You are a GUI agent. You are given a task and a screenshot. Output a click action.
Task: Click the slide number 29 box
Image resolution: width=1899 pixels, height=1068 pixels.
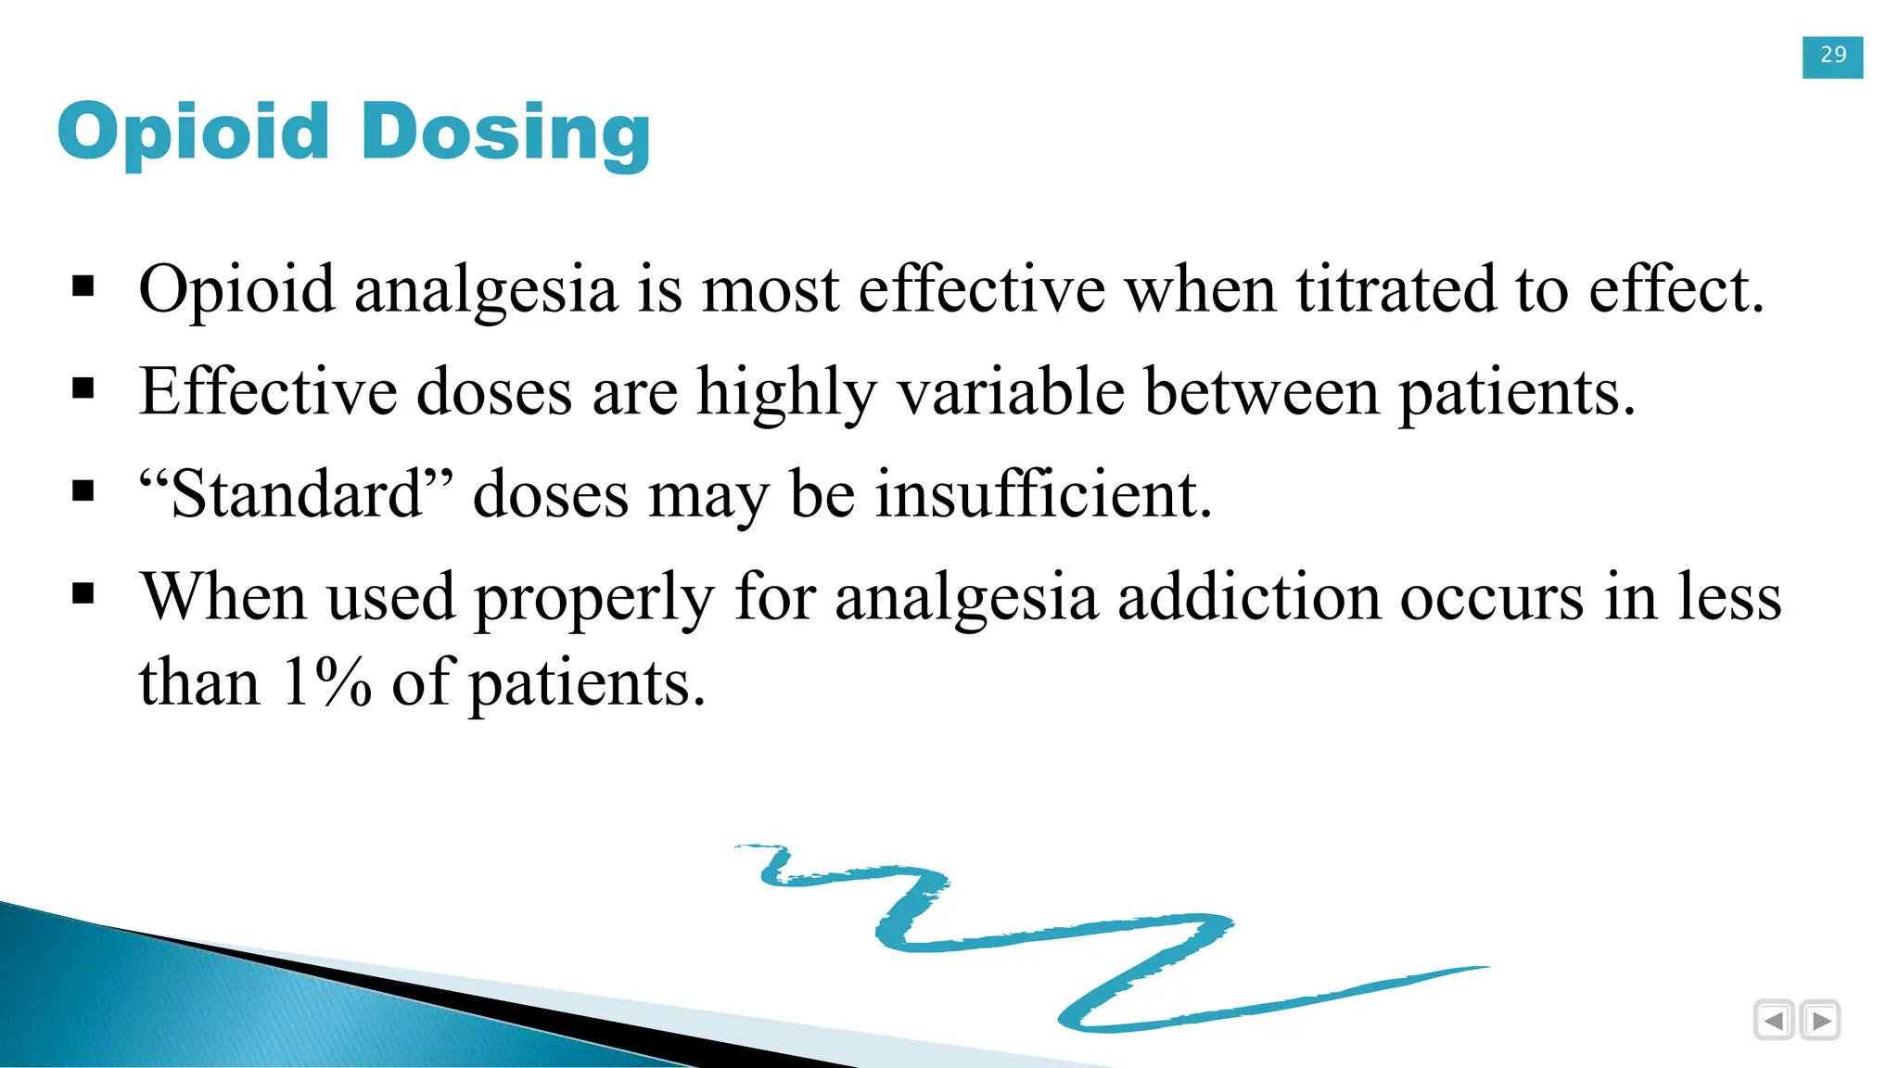tap(1832, 57)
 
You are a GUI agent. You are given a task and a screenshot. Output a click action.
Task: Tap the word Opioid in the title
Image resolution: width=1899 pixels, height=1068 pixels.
tap(194, 133)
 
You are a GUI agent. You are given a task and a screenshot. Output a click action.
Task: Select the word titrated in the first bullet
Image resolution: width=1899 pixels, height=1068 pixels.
tap(1396, 289)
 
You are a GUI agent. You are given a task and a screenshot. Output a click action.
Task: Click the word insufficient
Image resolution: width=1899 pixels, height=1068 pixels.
tap(1044, 494)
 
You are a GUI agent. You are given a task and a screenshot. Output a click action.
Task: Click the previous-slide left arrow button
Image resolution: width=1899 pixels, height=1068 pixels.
tap(1774, 1021)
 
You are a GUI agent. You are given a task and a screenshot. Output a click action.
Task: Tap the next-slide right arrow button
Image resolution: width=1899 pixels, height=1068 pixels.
tap(1820, 1021)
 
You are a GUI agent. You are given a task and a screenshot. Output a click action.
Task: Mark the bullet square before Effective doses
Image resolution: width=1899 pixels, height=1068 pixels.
tap(83, 388)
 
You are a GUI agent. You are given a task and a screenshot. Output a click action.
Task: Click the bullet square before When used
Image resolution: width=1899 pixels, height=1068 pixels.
tap(83, 592)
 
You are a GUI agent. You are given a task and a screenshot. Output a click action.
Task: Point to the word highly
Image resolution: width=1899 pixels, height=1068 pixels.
tap(786, 393)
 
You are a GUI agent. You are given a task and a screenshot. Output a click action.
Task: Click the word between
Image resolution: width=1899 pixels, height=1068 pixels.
tap(1261, 391)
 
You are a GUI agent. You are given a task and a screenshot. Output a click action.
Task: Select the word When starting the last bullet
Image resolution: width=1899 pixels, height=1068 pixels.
tap(223, 597)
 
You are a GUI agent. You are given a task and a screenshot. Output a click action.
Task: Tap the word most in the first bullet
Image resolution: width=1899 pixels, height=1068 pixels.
tap(771, 291)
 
